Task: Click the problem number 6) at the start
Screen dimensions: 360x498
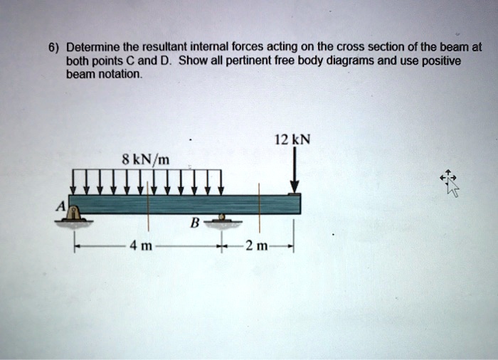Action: [x=53, y=48]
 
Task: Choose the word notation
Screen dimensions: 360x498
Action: [x=119, y=74]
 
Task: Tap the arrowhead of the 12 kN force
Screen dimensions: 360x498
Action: [x=295, y=187]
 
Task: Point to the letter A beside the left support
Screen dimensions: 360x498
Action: [x=61, y=205]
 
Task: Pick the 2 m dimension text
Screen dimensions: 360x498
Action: [x=254, y=247]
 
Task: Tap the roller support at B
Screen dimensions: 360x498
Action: [x=222, y=219]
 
